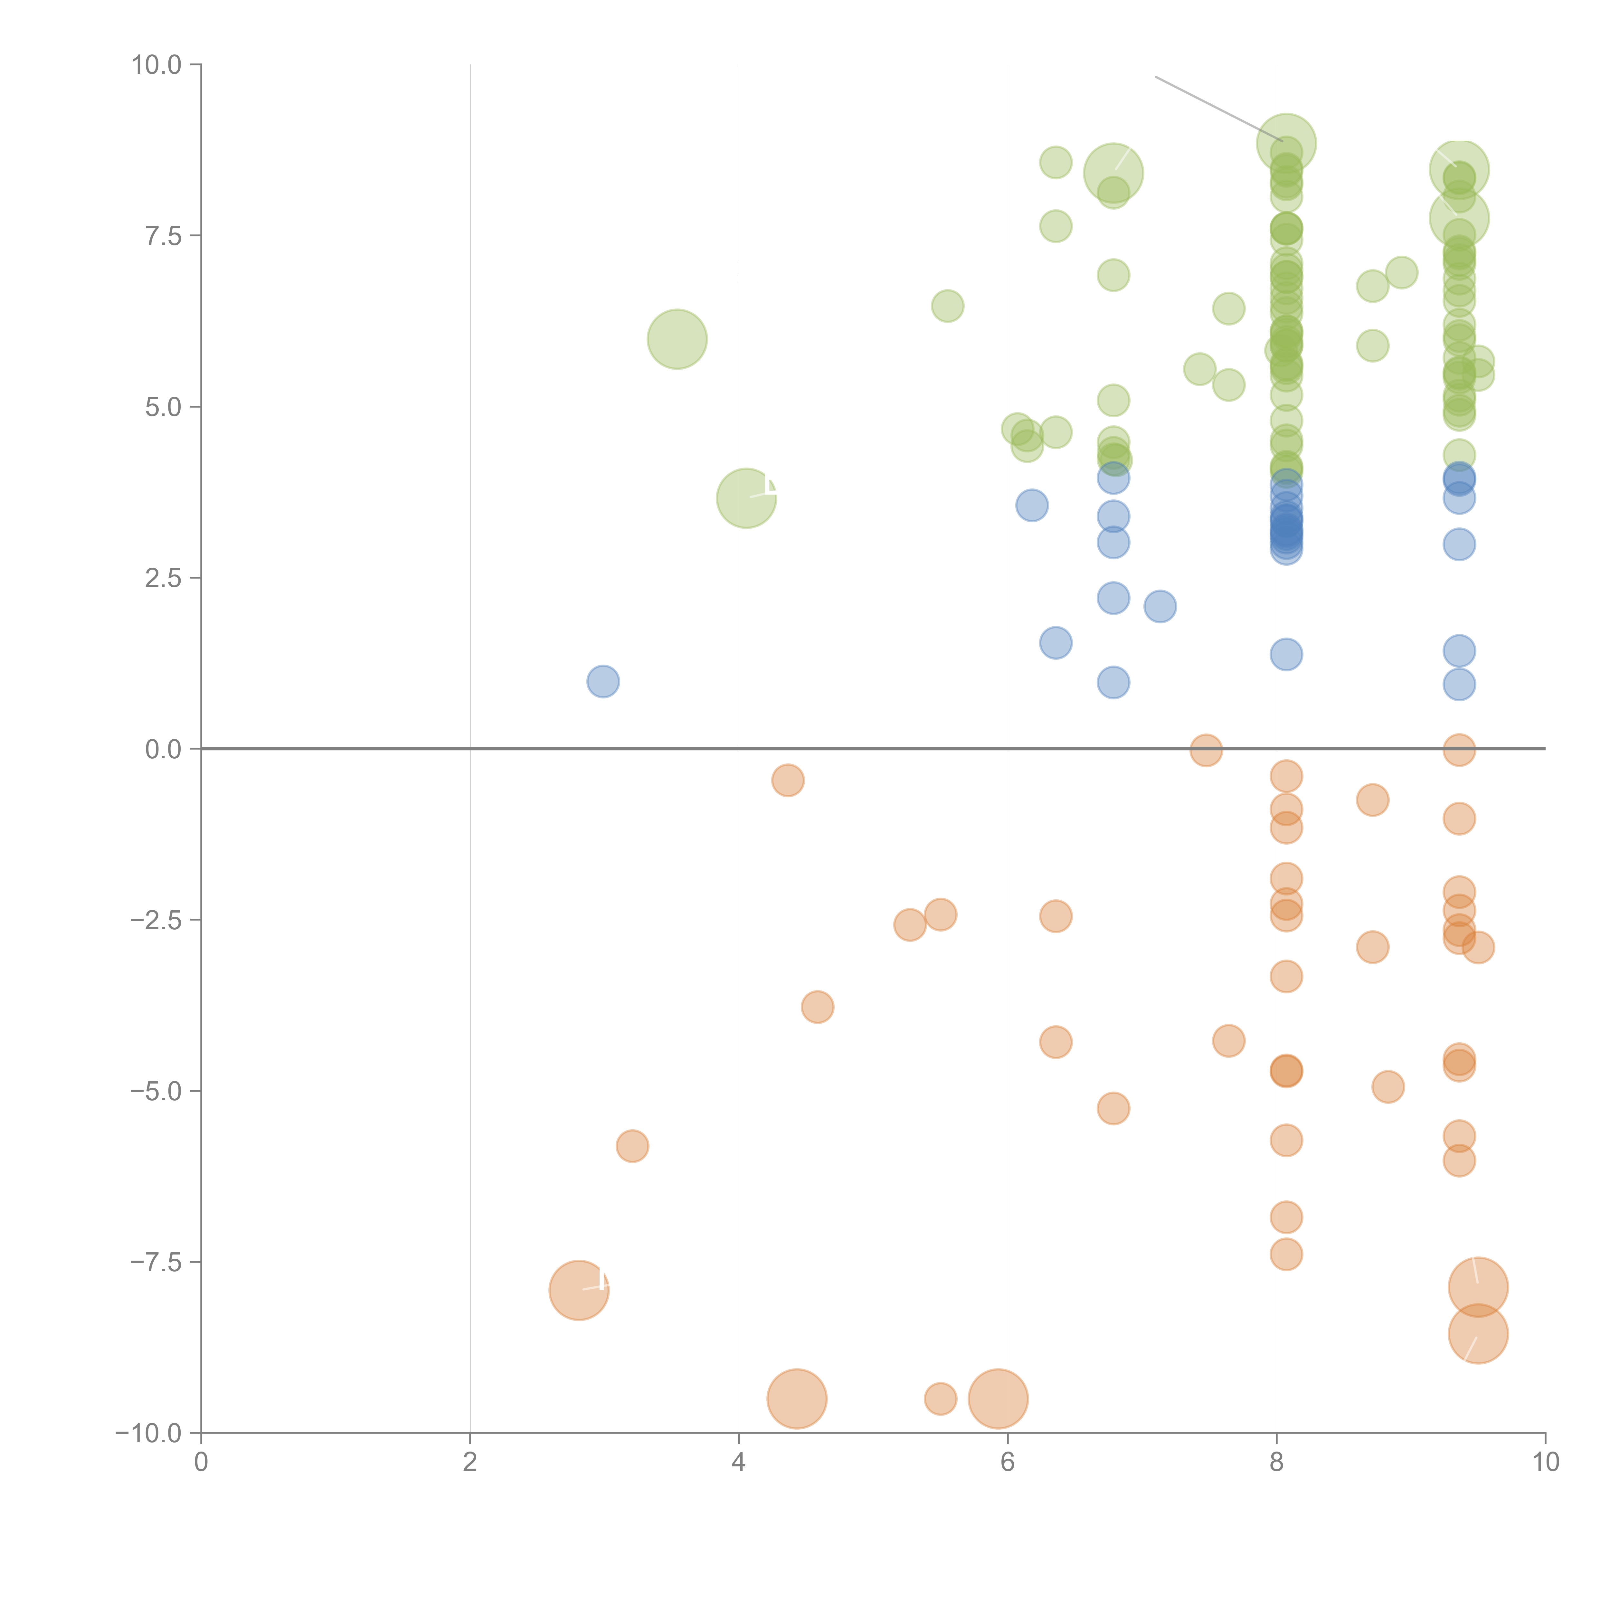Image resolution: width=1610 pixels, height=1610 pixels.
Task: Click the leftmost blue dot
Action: (602, 682)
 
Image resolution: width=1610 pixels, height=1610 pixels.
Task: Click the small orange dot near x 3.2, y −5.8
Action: (632, 1147)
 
